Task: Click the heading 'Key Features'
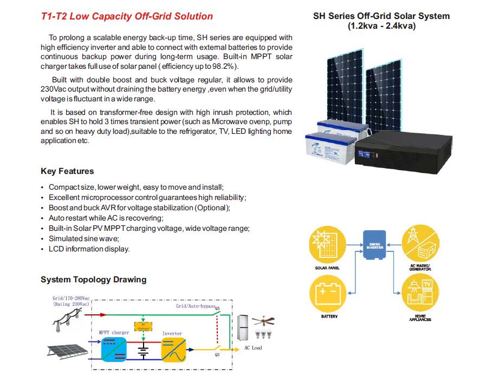click(67, 171)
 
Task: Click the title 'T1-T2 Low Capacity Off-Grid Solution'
click(127, 16)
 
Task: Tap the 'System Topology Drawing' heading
click(93, 280)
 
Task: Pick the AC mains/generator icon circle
click(420, 246)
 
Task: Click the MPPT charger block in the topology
click(114, 348)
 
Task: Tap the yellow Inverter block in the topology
click(173, 348)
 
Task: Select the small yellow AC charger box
click(143, 326)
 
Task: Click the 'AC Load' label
click(252, 347)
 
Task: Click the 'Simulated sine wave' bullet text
click(83, 238)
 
